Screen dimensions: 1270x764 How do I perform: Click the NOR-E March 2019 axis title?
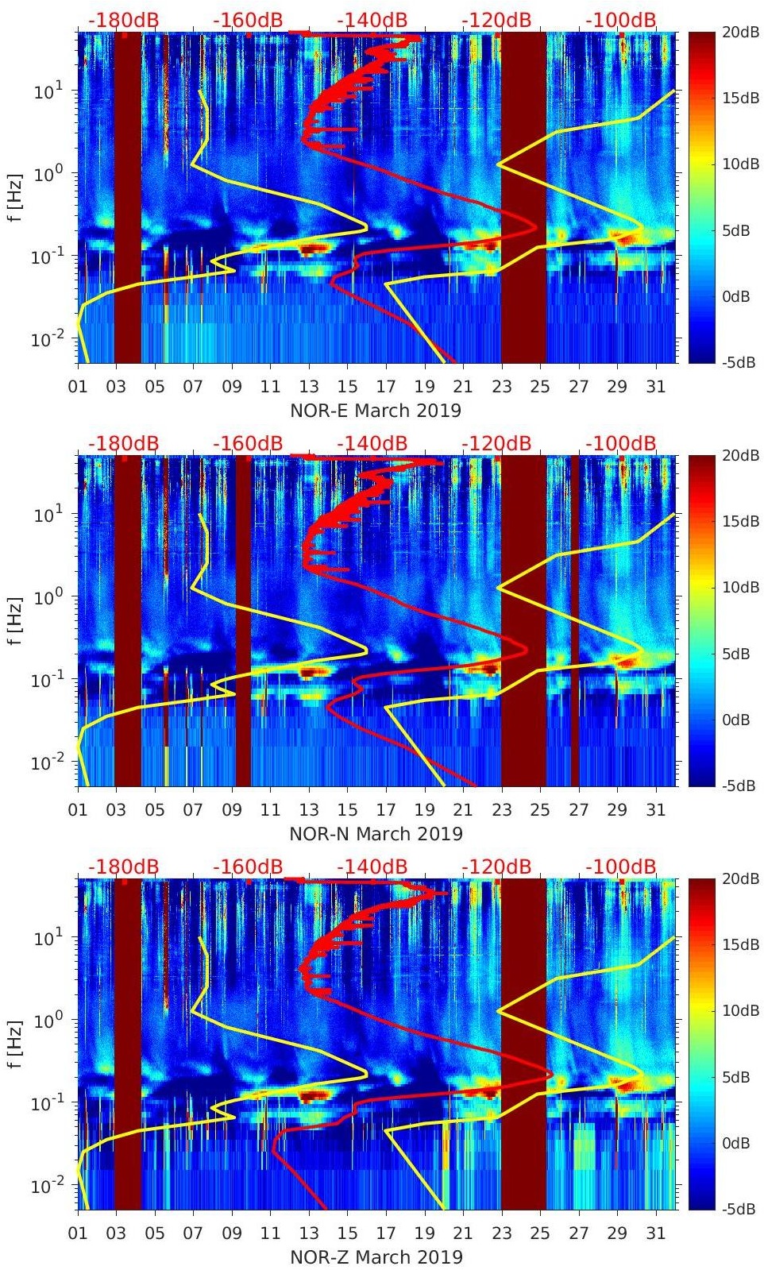point(376,411)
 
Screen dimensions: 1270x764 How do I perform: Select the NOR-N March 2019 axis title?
point(376,834)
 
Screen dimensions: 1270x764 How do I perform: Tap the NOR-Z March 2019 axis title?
point(376,1257)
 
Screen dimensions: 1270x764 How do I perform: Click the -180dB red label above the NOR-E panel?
point(123,20)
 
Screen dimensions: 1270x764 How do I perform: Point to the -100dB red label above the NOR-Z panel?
point(621,867)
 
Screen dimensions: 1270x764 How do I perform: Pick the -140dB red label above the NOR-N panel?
point(372,443)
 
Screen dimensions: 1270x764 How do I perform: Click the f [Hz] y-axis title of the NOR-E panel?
point(17,198)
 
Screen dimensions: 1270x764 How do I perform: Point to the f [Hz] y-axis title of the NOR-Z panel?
point(17,1044)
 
